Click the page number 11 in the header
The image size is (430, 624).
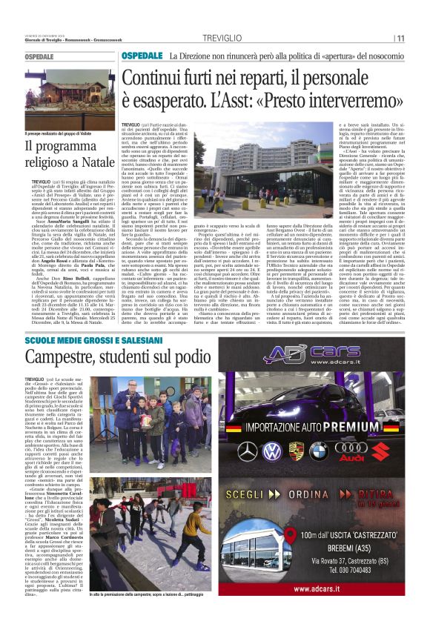(400, 39)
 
